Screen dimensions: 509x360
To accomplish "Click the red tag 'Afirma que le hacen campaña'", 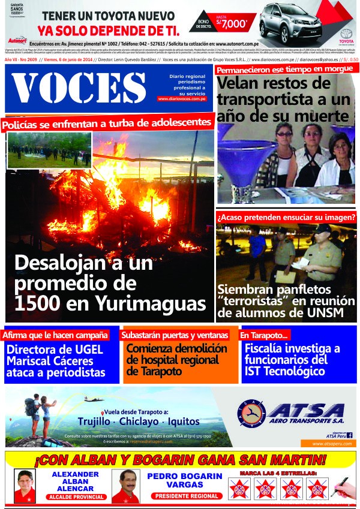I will click(56, 335).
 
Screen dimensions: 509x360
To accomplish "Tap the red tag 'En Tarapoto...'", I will click(265, 335).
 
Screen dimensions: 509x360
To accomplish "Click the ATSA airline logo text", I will click(305, 411).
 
